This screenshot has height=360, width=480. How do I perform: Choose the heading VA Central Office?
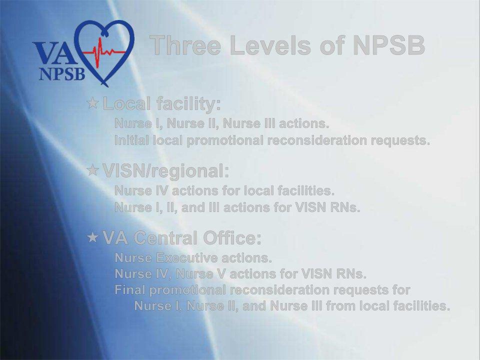181,238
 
